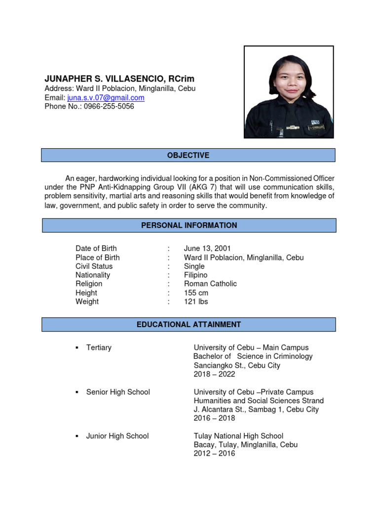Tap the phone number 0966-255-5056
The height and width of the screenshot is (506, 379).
(x=109, y=106)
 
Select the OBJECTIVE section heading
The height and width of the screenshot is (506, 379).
(x=188, y=155)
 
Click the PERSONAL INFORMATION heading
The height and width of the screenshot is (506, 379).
(x=189, y=225)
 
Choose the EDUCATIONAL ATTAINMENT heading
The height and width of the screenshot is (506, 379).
(x=189, y=325)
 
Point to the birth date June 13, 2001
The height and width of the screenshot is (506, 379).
(x=207, y=248)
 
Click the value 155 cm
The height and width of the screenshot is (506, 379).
(x=196, y=293)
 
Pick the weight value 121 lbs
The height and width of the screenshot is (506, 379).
(x=196, y=301)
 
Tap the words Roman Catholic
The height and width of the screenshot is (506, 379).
(x=210, y=284)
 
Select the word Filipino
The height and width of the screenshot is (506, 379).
(x=196, y=275)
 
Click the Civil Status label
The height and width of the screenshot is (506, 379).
(x=94, y=266)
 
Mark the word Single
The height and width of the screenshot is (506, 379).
(x=194, y=266)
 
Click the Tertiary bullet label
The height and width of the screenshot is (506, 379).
(x=99, y=347)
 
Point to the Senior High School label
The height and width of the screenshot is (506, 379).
(x=118, y=392)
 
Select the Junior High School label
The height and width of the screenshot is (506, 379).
(x=117, y=436)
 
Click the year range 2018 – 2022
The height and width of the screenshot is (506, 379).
(x=214, y=374)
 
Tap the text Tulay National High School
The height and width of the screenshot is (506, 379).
(x=238, y=436)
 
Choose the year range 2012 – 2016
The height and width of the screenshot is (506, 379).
(x=214, y=453)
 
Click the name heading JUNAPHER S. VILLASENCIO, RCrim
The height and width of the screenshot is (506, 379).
(x=119, y=79)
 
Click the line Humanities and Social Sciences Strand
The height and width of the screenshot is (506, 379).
(x=259, y=401)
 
